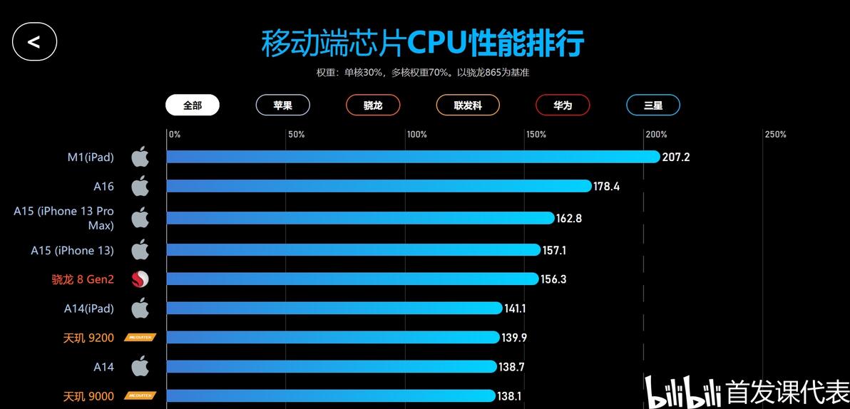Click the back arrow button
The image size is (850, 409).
(x=34, y=41)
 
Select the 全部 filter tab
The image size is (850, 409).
(x=193, y=105)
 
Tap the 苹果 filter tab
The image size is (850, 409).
(x=282, y=105)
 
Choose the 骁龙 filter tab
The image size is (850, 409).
(x=373, y=105)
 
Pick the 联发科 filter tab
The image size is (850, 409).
(x=468, y=105)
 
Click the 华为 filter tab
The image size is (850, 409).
(x=563, y=105)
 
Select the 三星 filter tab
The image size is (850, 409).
(x=653, y=105)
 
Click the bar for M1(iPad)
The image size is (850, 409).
(x=414, y=157)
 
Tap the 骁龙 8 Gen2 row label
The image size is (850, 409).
(x=83, y=279)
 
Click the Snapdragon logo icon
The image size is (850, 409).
(x=140, y=279)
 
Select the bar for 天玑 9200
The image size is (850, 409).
(x=333, y=338)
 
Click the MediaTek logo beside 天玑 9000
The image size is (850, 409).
(x=140, y=395)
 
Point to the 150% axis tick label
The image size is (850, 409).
(x=536, y=135)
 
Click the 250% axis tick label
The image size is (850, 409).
(x=775, y=135)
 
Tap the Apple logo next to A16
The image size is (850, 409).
(x=140, y=186)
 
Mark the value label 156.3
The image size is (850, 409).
(x=553, y=279)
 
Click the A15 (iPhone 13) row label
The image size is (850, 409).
(x=72, y=250)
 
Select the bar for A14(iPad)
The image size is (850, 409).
(x=335, y=309)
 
